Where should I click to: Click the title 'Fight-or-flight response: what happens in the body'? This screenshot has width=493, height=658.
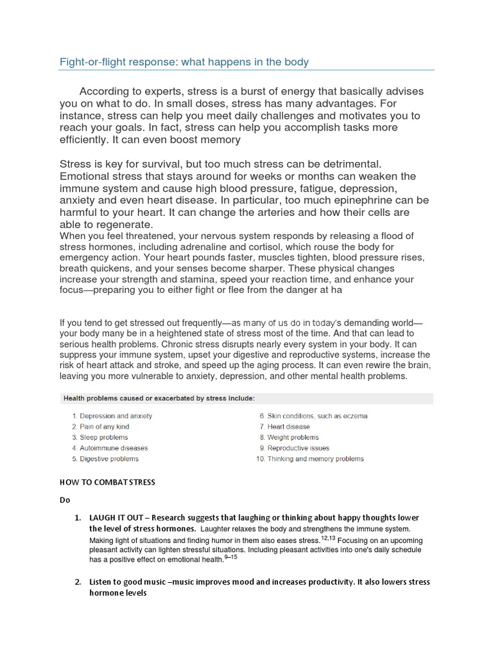(x=184, y=62)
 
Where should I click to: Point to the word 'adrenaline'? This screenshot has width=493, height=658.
(x=197, y=247)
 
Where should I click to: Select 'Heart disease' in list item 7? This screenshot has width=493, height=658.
(x=288, y=427)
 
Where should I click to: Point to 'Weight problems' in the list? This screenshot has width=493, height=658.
(x=293, y=438)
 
